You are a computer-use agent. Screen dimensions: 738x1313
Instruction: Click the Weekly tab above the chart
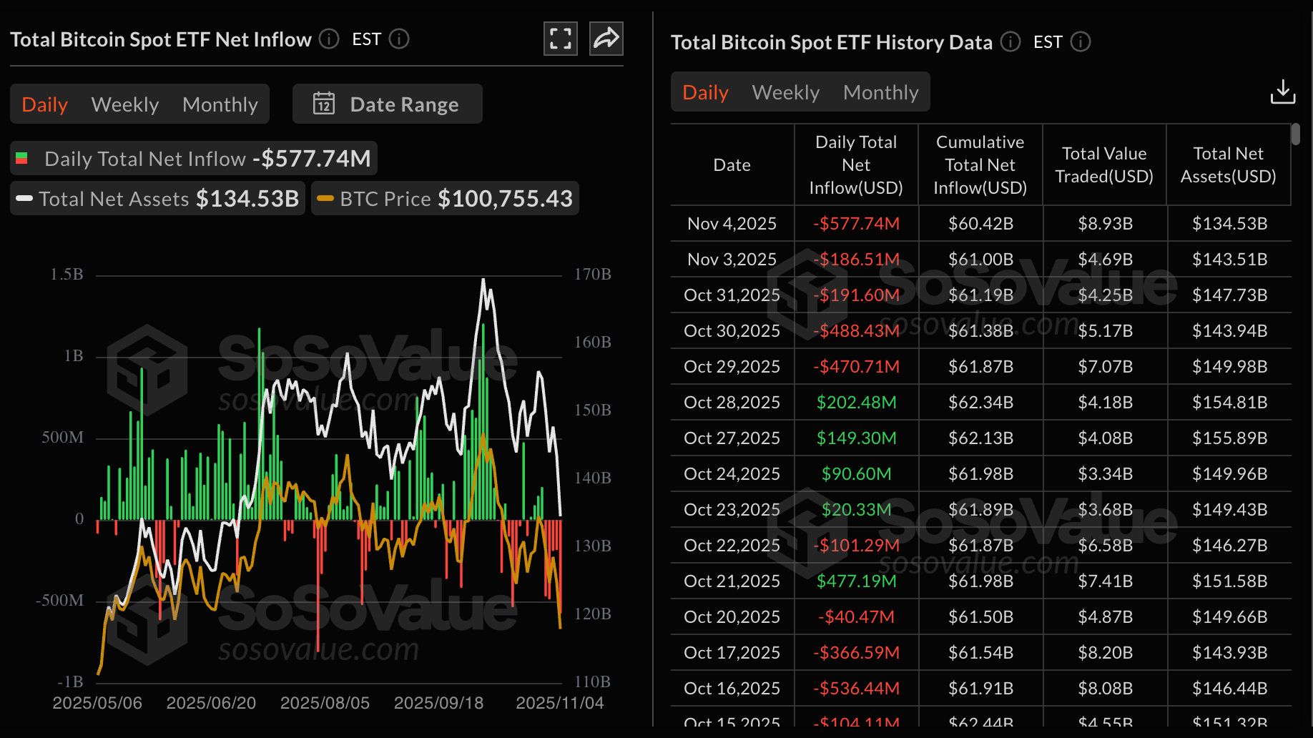[125, 104]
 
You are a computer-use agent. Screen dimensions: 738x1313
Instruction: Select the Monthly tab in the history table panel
[880, 92]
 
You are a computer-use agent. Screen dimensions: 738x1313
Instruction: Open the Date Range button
[387, 104]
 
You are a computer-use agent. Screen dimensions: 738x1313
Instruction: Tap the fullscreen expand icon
[561, 39]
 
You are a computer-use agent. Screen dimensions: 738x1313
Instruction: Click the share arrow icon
[606, 39]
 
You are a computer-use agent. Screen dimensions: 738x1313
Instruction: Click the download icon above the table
[1282, 92]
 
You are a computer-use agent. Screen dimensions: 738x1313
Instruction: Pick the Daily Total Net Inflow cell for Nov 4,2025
[856, 224]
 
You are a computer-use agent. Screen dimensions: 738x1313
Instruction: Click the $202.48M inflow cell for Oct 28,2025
[856, 403]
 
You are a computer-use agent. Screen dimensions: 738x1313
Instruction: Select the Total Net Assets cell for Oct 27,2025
[1229, 438]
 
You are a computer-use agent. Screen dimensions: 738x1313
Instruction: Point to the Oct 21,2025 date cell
[732, 581]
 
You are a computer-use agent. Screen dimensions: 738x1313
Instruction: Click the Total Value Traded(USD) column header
[1104, 165]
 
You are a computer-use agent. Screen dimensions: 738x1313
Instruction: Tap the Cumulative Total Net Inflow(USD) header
[980, 165]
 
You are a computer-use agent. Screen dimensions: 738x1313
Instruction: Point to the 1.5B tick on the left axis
[67, 275]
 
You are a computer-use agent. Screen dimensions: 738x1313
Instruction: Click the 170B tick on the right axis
[593, 275]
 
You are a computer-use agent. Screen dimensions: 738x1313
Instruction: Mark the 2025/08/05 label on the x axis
[325, 703]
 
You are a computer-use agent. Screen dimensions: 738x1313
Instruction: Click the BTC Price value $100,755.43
[505, 199]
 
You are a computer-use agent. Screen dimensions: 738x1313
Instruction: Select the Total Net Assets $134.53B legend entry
[157, 199]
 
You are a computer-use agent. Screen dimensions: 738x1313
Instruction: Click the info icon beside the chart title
[329, 39]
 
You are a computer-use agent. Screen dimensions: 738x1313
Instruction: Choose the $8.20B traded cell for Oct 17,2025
[1105, 653]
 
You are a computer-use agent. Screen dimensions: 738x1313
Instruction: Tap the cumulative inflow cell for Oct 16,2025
[980, 689]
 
